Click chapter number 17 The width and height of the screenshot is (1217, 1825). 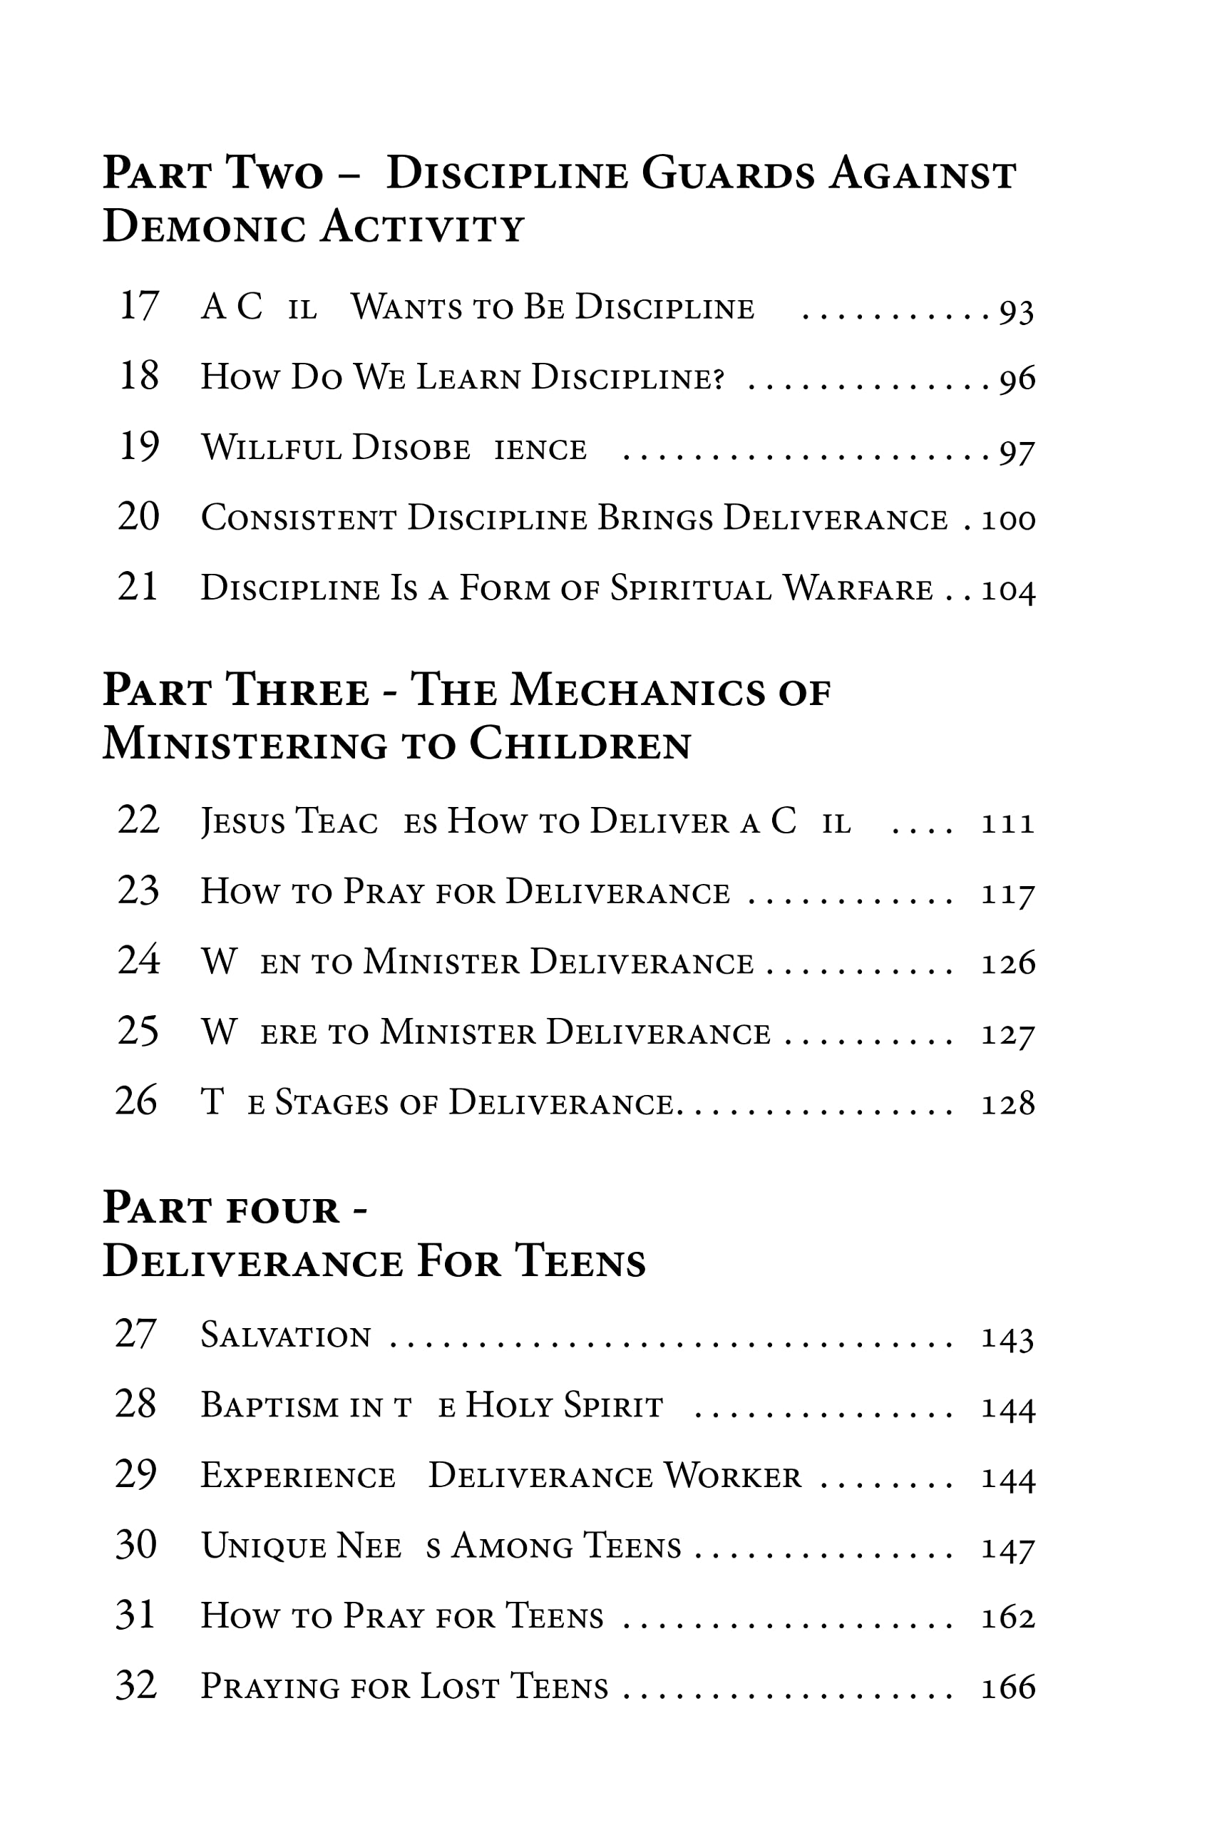click(139, 306)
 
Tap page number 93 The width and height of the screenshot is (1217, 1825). click(1016, 311)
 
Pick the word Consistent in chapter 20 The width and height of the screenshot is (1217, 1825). click(299, 518)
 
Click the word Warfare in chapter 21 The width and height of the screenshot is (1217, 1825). click(858, 589)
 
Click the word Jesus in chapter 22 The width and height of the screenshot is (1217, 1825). click(243, 822)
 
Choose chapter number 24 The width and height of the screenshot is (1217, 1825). click(138, 960)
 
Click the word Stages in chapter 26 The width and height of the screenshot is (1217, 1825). click(332, 1104)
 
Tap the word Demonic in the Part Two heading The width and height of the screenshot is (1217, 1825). click(203, 228)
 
